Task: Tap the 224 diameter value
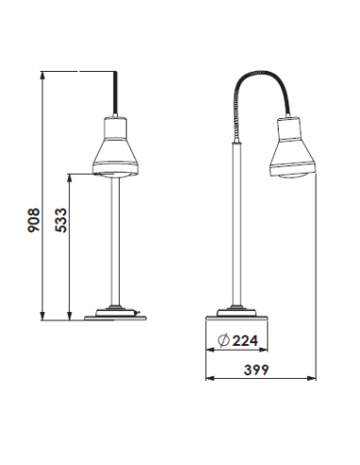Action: pyautogui.click(x=244, y=340)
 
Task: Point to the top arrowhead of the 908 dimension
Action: pyautogui.click(x=43, y=77)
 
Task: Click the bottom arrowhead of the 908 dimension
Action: pyautogui.click(x=43, y=315)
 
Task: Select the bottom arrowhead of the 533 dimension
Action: pyautogui.click(x=72, y=315)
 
